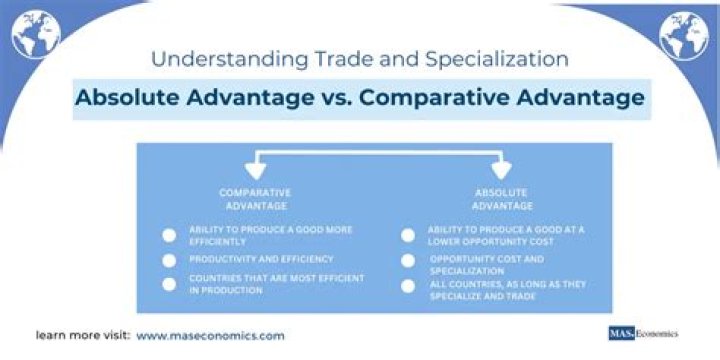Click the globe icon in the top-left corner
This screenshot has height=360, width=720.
coord(36,34)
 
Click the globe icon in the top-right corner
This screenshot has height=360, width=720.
coord(684,36)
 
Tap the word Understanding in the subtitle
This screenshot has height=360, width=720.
coord(226,60)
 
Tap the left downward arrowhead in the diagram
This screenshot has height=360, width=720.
coord(255,171)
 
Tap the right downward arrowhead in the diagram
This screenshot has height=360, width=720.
coord(501,171)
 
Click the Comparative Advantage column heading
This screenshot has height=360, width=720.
coord(255,199)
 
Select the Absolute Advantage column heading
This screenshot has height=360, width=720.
coord(501,199)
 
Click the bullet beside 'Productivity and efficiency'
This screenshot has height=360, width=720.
coord(169,260)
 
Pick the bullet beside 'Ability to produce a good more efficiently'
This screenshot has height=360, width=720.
coord(169,236)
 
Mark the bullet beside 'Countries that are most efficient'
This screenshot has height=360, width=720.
coord(169,284)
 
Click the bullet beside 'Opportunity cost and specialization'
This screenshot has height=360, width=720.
coord(408,260)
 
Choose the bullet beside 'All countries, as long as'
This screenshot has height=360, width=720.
coord(408,286)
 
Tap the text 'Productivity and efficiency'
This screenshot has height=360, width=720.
coord(261,259)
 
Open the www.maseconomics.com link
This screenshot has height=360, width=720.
coord(210,336)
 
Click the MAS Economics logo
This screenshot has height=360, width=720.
coord(643,333)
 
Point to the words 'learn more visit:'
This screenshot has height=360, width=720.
coord(83,336)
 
